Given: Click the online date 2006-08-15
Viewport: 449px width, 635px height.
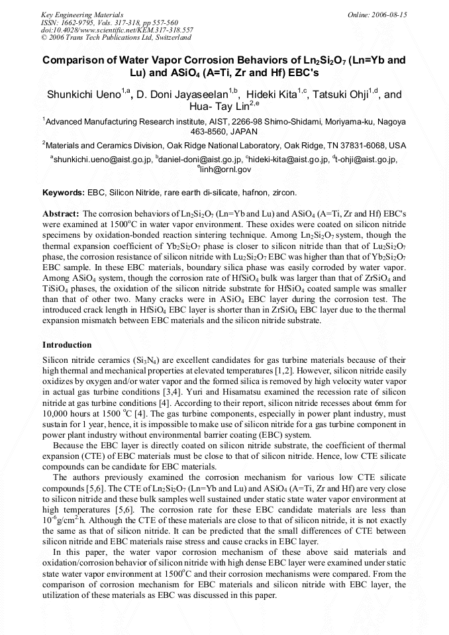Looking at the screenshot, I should (389, 14).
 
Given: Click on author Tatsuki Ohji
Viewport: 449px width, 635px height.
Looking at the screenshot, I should (344, 95).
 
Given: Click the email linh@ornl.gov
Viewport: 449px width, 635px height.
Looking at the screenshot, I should (226, 170).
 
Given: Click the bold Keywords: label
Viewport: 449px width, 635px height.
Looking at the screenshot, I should (64, 193).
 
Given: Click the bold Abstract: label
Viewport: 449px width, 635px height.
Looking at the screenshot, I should (61, 215).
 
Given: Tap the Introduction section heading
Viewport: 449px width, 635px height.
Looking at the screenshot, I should (67, 346).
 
